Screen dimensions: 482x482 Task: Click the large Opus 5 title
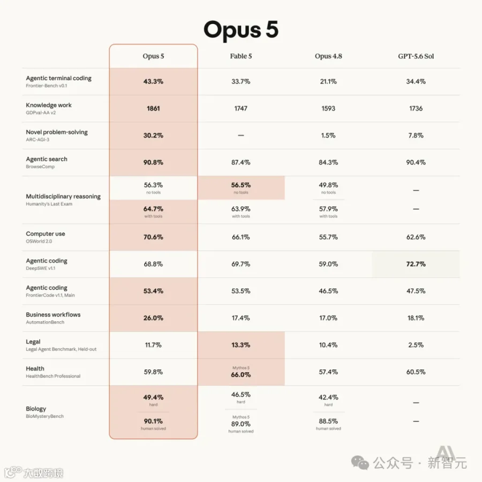241,30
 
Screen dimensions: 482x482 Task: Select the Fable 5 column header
241,56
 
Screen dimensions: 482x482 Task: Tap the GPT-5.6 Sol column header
416,56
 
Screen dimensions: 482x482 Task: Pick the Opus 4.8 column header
328,56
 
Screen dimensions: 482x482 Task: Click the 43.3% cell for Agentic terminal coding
153,81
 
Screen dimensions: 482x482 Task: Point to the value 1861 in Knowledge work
153,109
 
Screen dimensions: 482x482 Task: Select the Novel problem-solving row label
57,132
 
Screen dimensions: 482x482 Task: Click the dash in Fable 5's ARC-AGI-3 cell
241,135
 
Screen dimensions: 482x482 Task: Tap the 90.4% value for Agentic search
416,162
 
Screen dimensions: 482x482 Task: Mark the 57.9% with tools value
328,209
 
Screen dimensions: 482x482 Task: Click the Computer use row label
46,234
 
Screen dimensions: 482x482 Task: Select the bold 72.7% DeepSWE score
416,264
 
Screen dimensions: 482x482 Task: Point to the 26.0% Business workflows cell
153,318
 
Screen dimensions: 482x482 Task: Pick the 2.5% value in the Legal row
416,345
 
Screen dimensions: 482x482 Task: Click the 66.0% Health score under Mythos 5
241,375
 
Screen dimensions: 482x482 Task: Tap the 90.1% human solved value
153,421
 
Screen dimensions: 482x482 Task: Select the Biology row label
36,409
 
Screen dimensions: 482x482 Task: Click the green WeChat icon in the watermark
360,463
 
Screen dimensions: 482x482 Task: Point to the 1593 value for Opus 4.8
328,109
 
